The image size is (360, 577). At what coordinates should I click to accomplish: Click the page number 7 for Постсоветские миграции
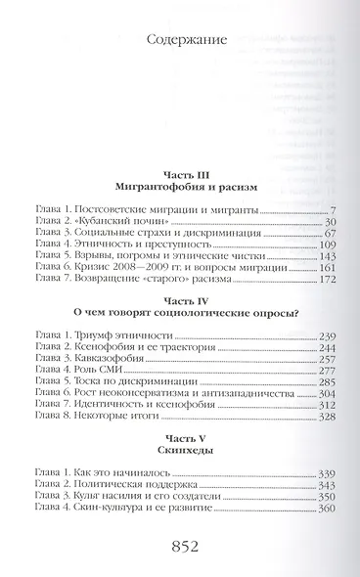coord(333,210)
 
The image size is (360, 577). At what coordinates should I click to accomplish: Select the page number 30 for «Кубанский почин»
coord(329,224)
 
